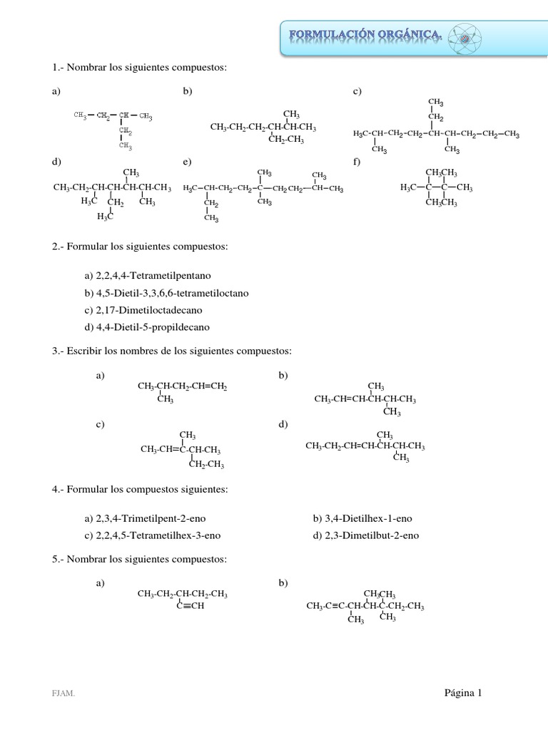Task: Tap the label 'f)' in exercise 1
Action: click(357, 162)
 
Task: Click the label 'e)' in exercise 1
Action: click(187, 162)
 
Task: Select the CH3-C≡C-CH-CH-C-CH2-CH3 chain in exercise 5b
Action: click(365, 607)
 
